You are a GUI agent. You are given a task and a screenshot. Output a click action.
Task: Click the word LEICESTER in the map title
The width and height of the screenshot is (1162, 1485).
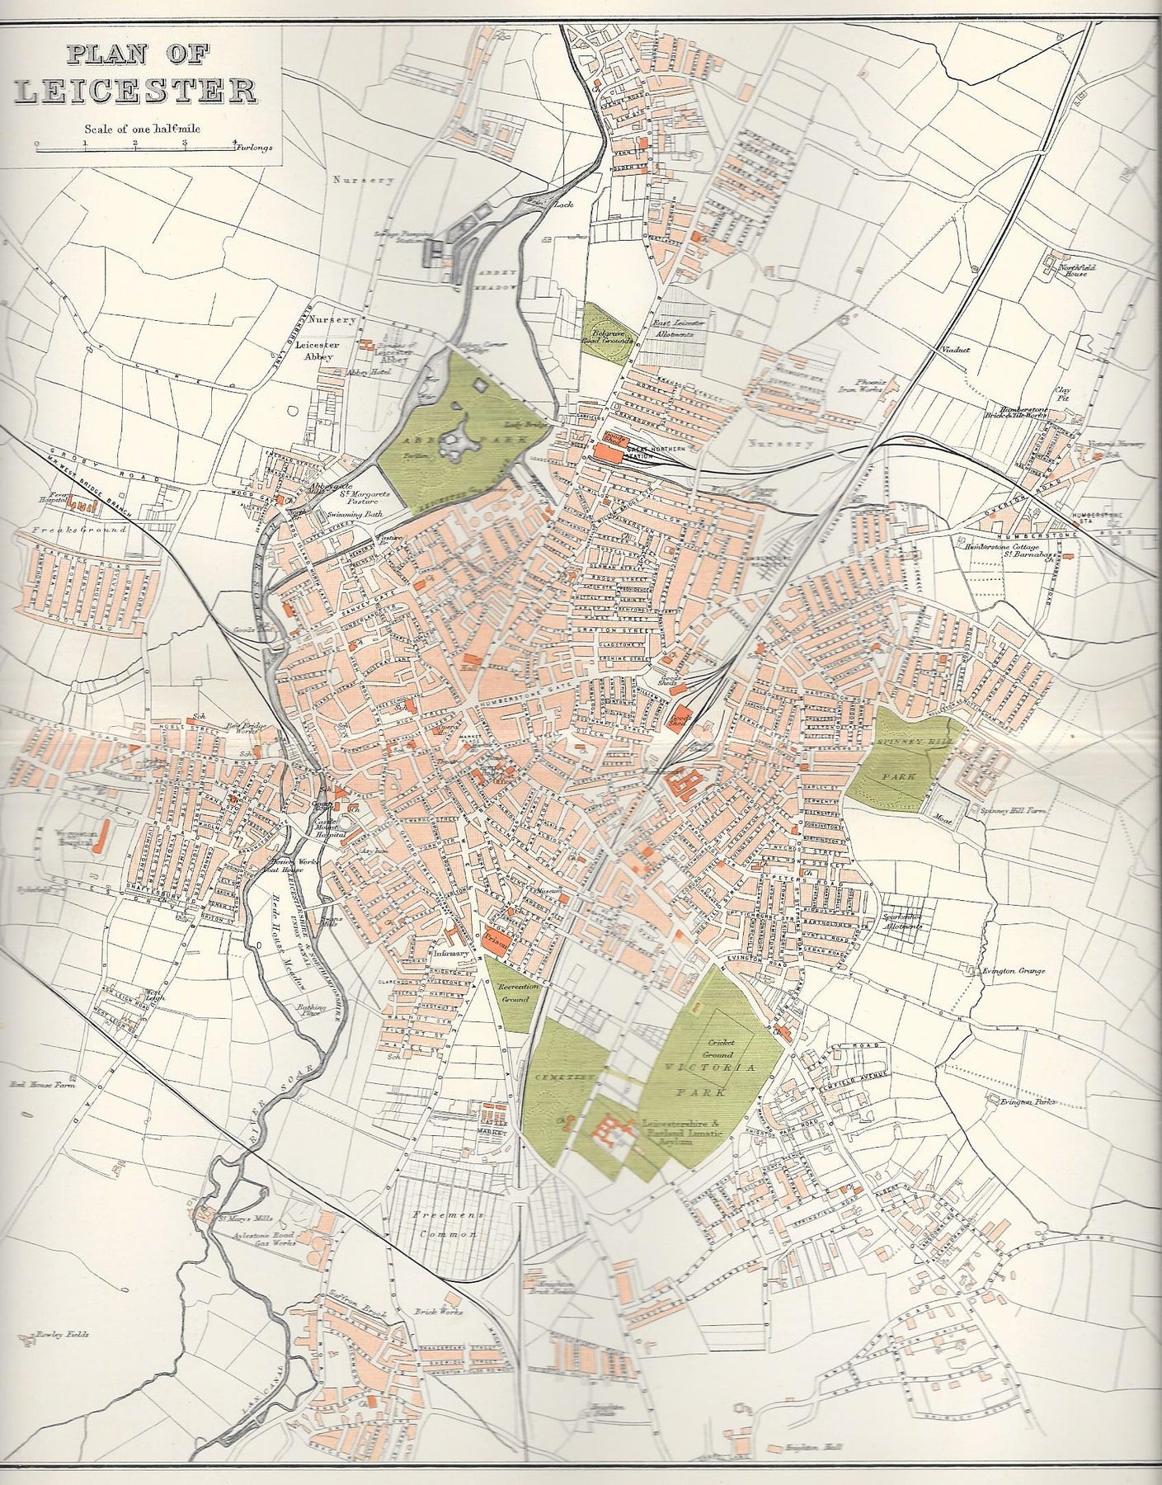tap(136, 91)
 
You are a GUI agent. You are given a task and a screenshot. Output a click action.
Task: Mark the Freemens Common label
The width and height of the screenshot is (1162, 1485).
tap(446, 1226)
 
